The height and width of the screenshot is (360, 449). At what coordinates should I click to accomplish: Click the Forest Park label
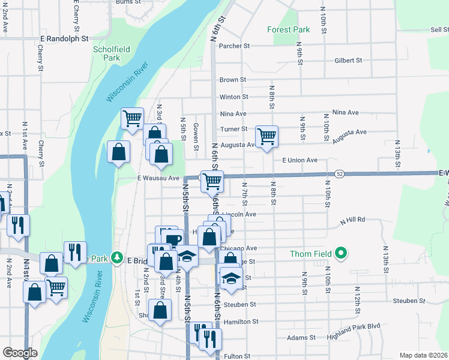(288, 29)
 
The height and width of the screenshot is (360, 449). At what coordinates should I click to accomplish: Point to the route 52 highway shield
(340, 173)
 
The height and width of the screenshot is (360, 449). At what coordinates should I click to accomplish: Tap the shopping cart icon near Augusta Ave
(267, 136)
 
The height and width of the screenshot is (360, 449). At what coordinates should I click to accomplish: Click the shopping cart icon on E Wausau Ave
(212, 180)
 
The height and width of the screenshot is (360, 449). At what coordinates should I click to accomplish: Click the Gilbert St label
(348, 60)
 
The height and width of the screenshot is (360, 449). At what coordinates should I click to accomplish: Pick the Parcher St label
(234, 46)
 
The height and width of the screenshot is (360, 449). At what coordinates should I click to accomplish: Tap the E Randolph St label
(64, 38)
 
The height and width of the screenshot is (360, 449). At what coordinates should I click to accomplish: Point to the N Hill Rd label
(352, 220)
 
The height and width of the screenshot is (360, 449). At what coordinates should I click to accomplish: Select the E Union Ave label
(300, 160)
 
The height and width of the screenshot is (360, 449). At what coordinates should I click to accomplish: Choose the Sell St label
(439, 29)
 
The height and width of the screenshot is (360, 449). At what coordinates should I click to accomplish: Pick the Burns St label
(128, 2)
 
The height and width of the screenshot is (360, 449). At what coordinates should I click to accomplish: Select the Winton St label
(234, 97)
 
